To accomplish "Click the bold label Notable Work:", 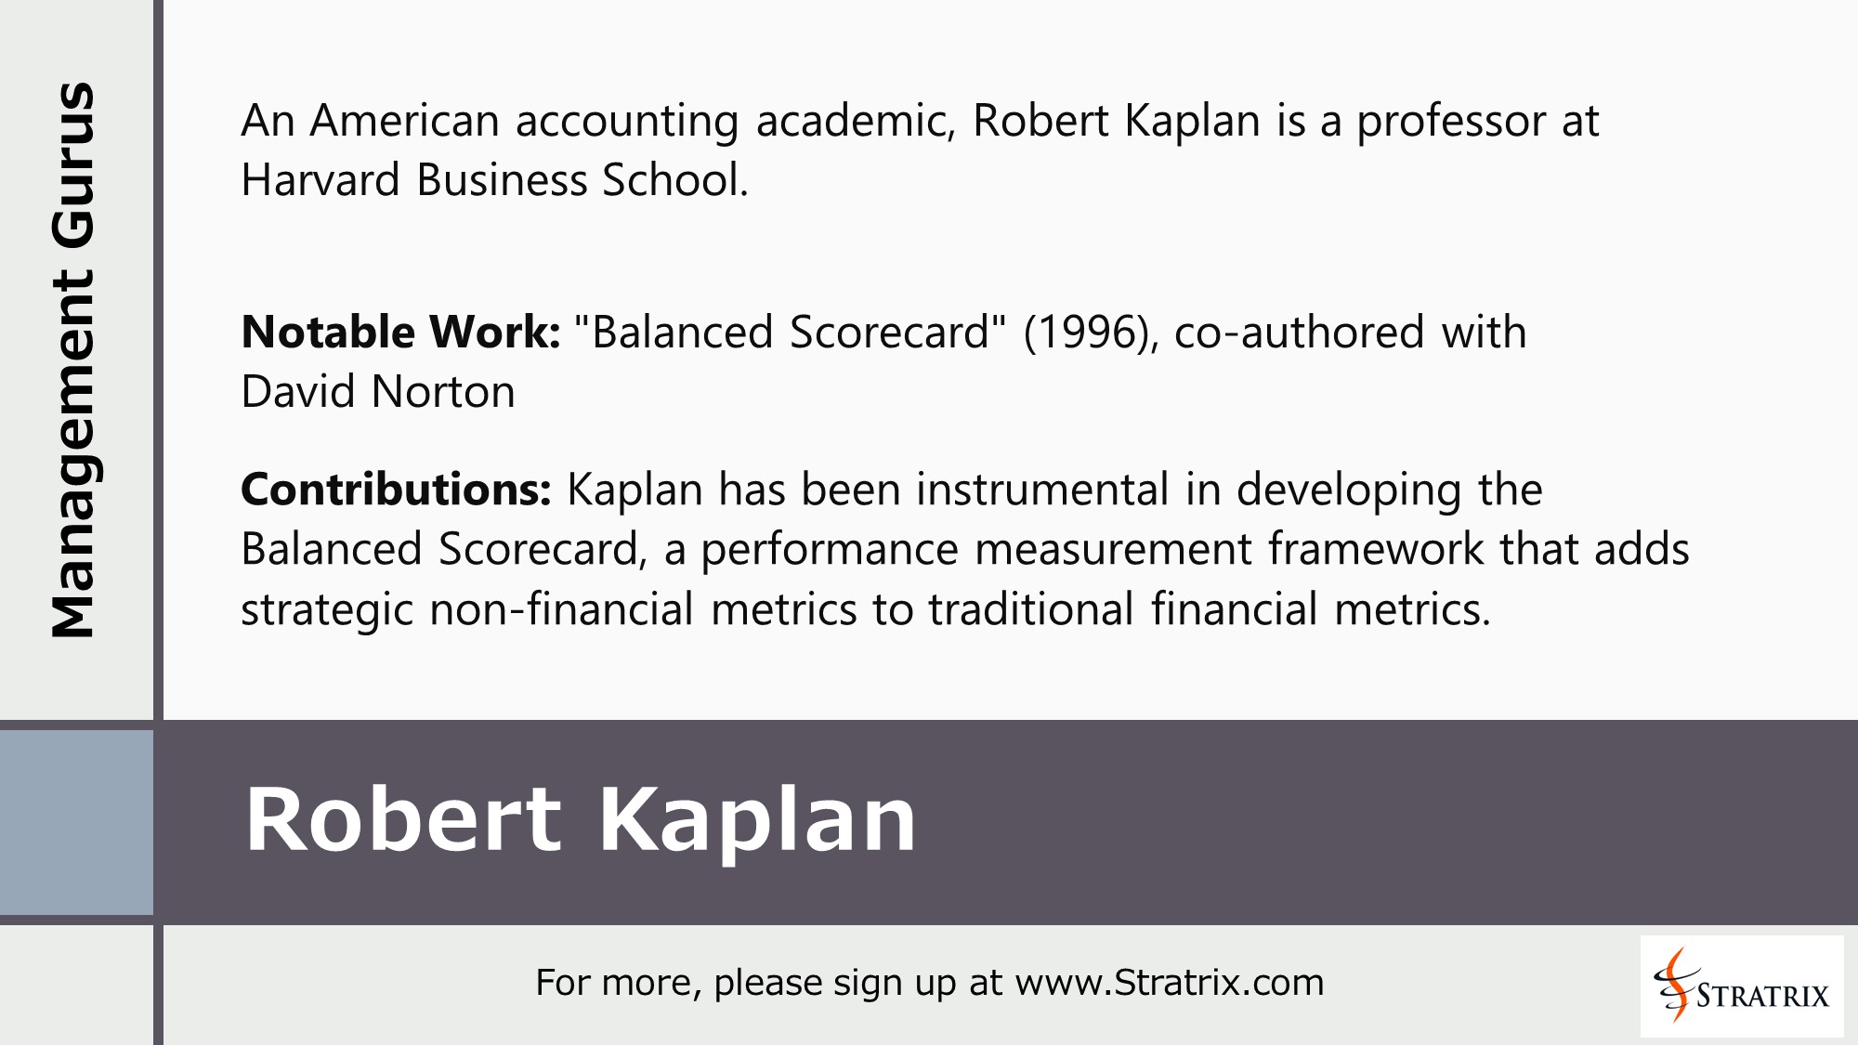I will click(400, 333).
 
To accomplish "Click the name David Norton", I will click(377, 392).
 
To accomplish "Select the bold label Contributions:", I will click(397, 490).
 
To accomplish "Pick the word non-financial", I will click(561, 609).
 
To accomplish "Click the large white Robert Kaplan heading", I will click(581, 819).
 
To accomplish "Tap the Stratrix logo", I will click(1741, 986).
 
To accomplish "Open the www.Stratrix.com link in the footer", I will click(1169, 983).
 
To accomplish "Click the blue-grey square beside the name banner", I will click(76, 822).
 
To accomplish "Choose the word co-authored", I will click(1299, 333).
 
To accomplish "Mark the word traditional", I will click(1031, 609).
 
